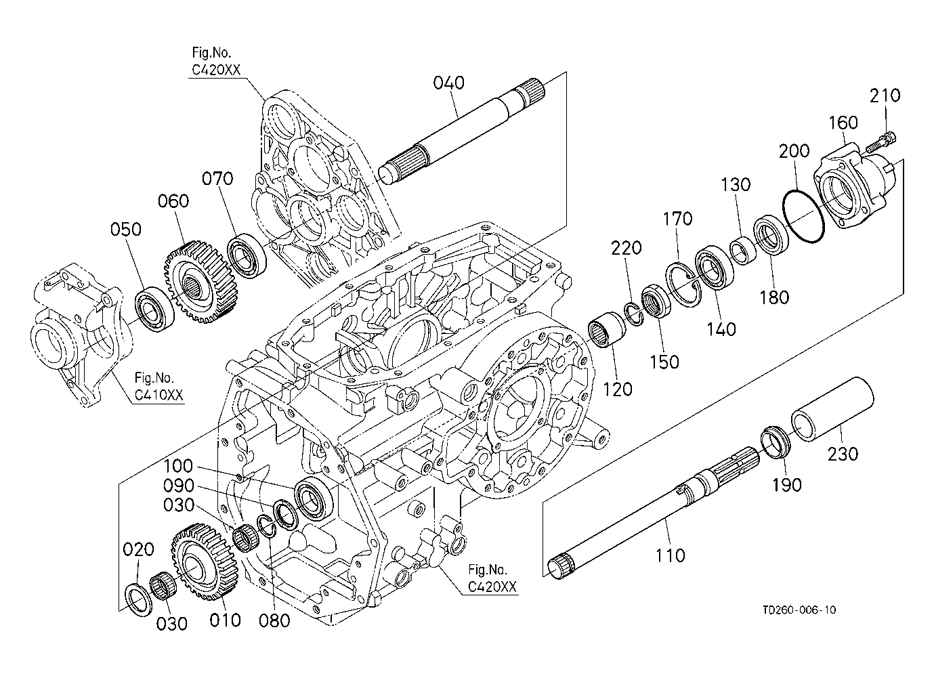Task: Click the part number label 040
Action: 448,83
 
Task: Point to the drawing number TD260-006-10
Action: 799,610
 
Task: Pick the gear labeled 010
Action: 204,559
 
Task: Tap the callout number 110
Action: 670,555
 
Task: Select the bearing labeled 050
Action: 154,310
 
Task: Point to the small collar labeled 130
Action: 743,250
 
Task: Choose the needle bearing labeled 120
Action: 607,330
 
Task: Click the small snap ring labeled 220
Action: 634,315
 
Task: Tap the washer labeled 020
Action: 139,600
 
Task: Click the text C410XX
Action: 158,395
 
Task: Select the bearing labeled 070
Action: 247,256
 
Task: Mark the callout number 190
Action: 787,485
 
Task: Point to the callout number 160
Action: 843,123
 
